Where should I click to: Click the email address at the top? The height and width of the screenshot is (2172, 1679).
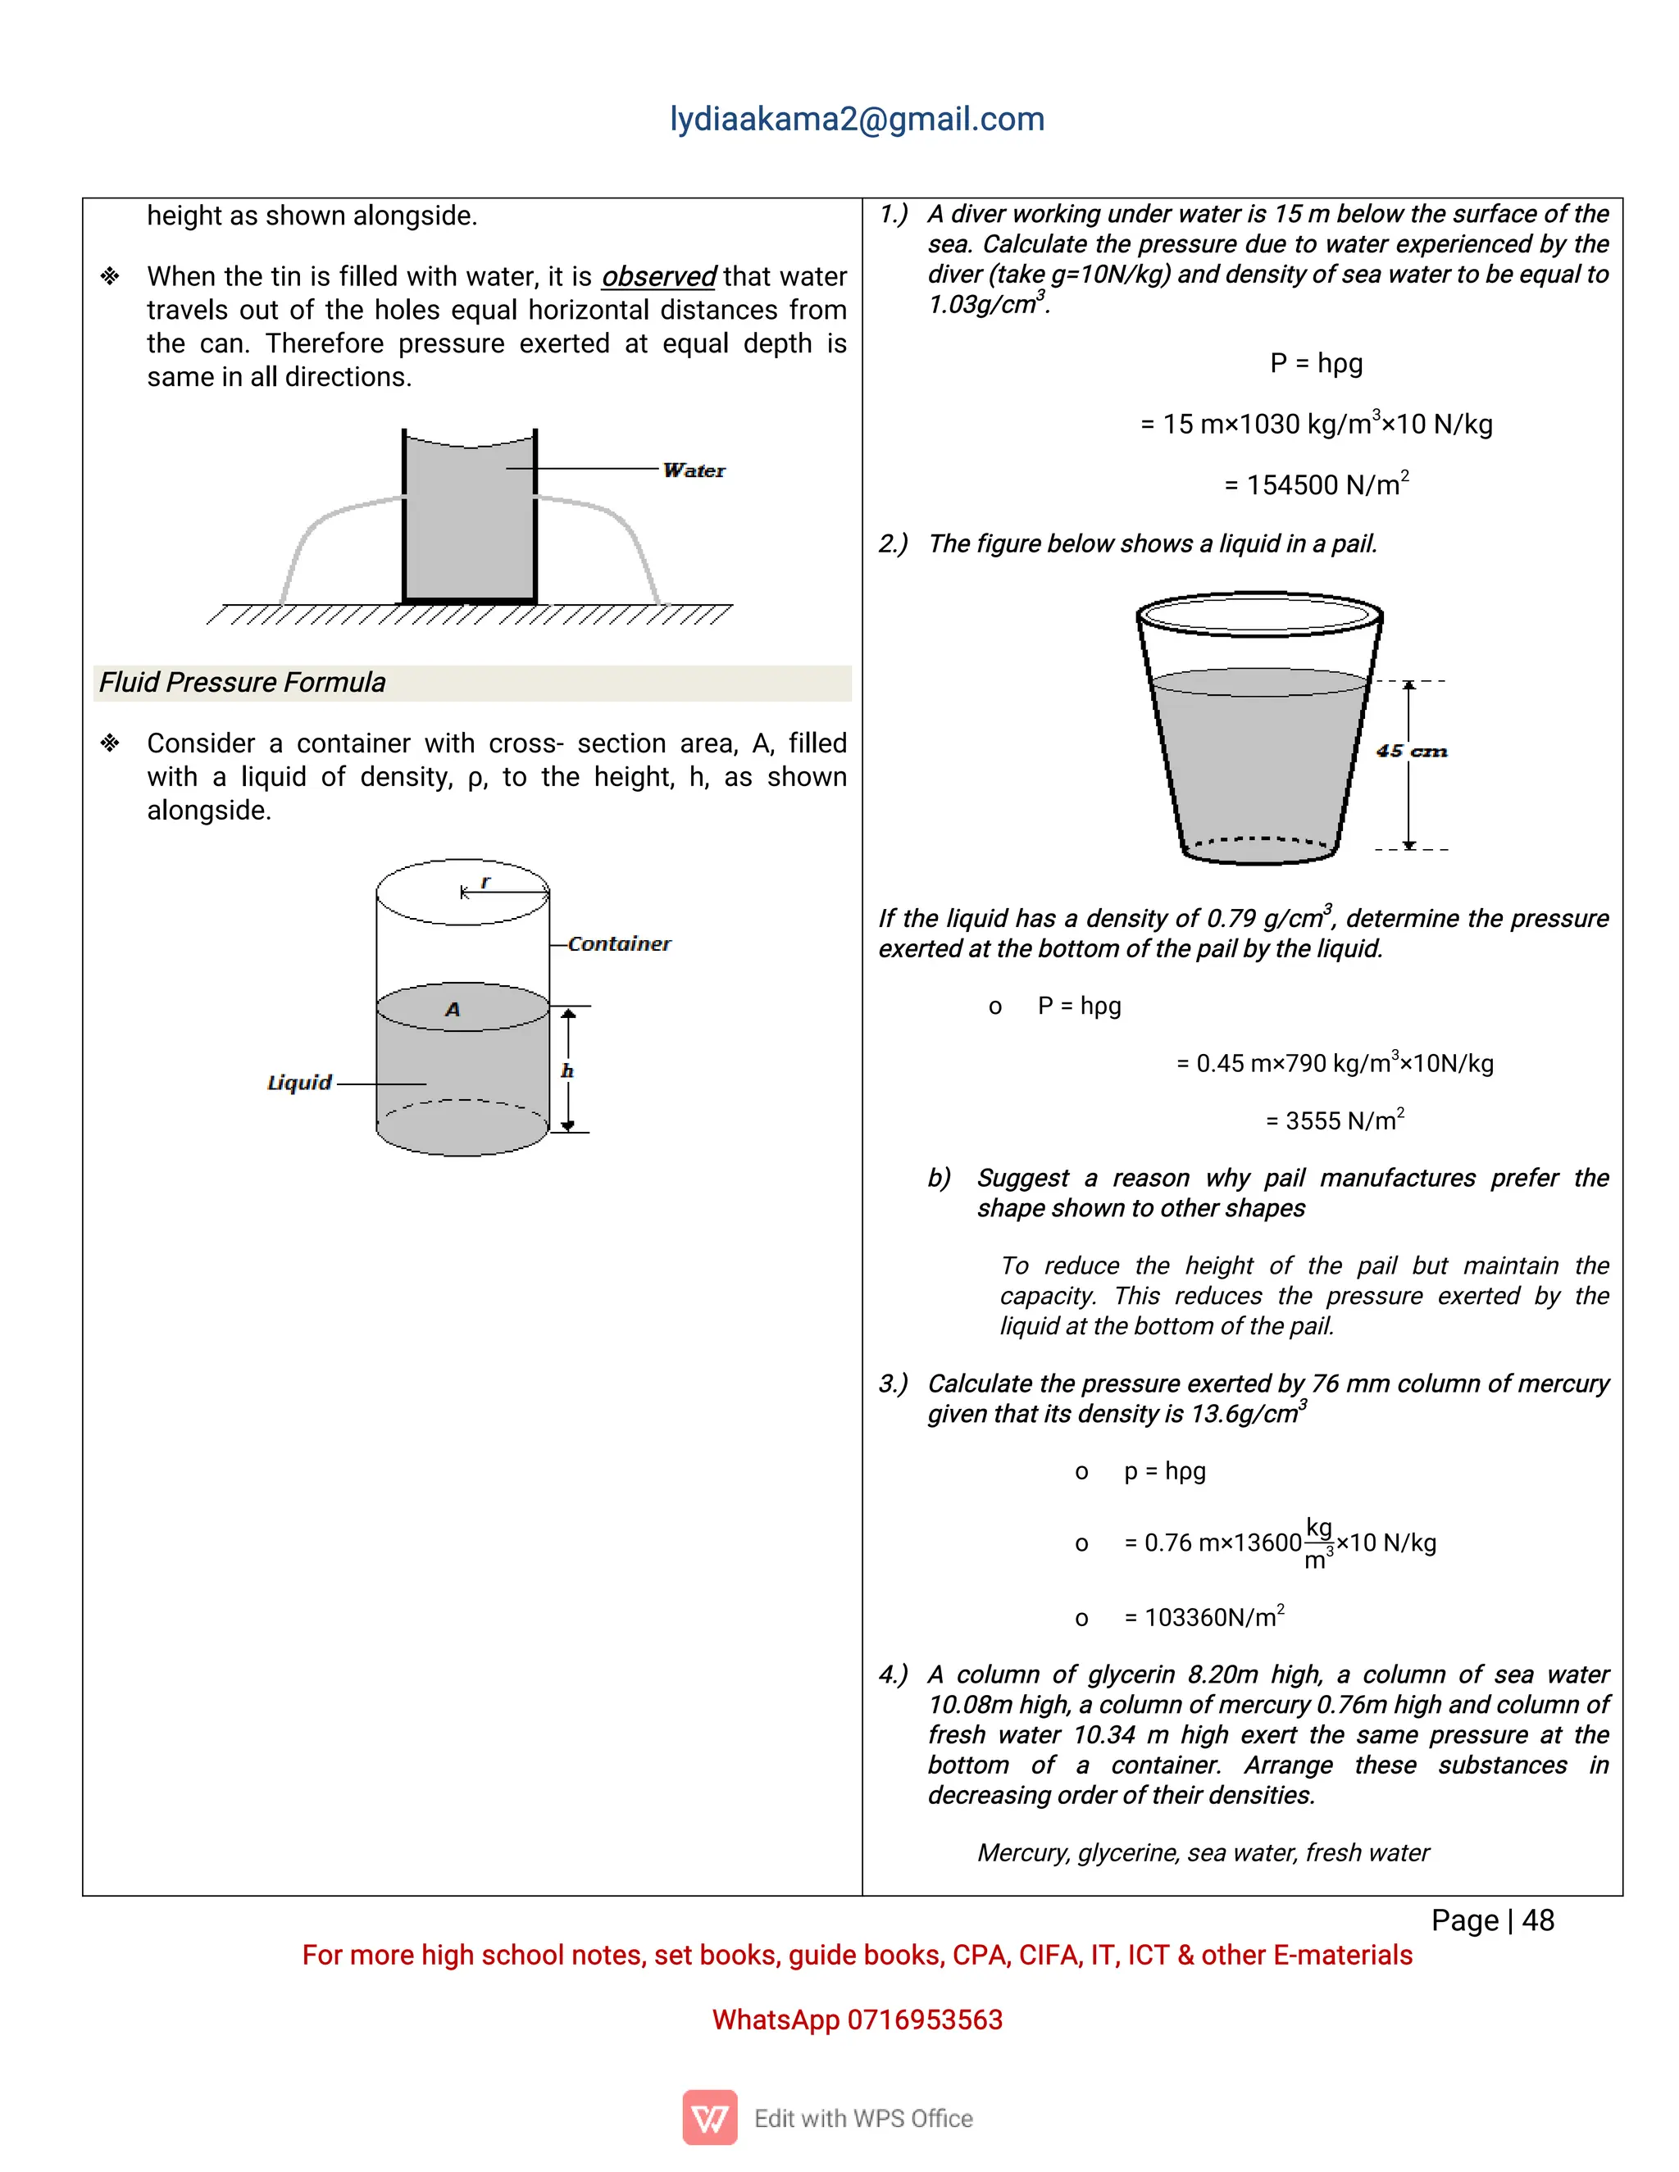pyautogui.click(x=857, y=120)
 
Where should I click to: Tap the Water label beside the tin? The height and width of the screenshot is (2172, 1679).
pyautogui.click(x=694, y=470)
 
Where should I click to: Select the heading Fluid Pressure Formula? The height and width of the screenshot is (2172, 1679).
pyautogui.click(x=243, y=682)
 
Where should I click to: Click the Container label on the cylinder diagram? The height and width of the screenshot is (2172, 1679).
pyautogui.click(x=619, y=943)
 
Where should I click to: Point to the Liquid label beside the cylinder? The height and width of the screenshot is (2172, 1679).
pyautogui.click(x=299, y=1082)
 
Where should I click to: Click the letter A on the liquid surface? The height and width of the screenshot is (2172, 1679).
pyautogui.click(x=453, y=1010)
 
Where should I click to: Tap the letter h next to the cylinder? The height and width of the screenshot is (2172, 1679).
pyautogui.click(x=567, y=1071)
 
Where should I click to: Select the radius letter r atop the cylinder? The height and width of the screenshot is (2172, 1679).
pyautogui.click(x=485, y=882)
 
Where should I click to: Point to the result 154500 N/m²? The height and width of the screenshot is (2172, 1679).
pyautogui.click(x=1316, y=484)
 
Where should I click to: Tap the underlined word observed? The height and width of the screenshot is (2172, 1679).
pyautogui.click(x=658, y=276)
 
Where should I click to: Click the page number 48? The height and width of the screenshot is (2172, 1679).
pyautogui.click(x=1538, y=1920)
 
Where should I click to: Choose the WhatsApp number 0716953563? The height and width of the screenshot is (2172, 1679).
pyautogui.click(x=924, y=2020)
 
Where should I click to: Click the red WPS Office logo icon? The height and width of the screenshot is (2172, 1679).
pyautogui.click(x=709, y=2117)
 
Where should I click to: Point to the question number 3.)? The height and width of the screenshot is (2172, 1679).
pyautogui.click(x=892, y=1384)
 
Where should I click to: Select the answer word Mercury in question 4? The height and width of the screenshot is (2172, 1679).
pyautogui.click(x=1022, y=1853)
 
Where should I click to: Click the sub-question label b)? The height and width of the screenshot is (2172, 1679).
pyautogui.click(x=939, y=1179)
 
